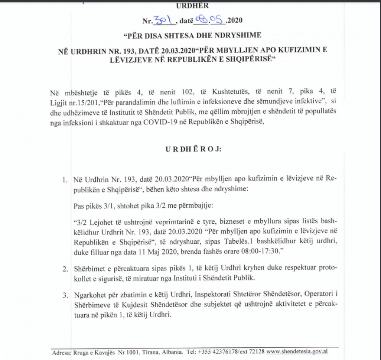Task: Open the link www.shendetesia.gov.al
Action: (x=298, y=352)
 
